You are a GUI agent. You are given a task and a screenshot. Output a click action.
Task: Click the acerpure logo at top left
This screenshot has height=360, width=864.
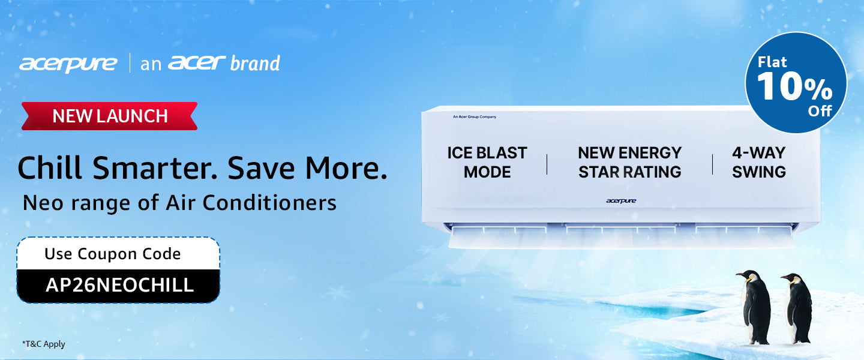[x=68, y=64]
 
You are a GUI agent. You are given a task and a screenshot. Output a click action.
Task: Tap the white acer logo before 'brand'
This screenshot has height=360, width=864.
[x=197, y=62]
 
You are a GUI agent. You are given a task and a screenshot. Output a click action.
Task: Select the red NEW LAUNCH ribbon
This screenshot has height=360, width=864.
[x=110, y=116]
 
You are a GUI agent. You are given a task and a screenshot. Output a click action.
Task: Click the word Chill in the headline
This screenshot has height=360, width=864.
[x=50, y=168]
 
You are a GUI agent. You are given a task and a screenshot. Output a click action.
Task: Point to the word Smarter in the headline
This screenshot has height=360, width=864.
[x=155, y=169]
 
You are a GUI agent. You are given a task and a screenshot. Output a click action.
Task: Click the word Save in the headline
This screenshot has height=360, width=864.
[x=261, y=169]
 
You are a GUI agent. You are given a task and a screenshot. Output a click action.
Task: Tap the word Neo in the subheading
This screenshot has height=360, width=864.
[x=43, y=203]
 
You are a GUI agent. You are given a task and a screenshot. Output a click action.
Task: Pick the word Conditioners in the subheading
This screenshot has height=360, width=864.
[x=269, y=203]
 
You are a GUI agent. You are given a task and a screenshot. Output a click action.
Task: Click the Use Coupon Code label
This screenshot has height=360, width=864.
[x=113, y=254]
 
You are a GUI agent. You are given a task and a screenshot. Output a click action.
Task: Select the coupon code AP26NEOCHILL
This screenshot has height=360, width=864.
[x=119, y=285]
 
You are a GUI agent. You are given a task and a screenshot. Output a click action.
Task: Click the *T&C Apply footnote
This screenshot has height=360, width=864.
[x=44, y=344]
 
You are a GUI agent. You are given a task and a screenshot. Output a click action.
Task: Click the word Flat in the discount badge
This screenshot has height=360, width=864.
[x=772, y=62]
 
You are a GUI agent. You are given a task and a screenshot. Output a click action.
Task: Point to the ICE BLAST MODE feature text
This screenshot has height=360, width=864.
[x=487, y=162]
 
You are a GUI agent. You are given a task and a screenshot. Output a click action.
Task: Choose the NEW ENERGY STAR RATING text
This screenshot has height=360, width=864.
[x=630, y=162]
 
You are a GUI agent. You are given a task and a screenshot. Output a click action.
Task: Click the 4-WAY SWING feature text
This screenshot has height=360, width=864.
[x=758, y=162]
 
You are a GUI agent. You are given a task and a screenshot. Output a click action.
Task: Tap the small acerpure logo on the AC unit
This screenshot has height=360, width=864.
[x=621, y=200]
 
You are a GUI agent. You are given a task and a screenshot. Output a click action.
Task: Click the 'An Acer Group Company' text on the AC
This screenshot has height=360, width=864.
[x=475, y=116]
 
